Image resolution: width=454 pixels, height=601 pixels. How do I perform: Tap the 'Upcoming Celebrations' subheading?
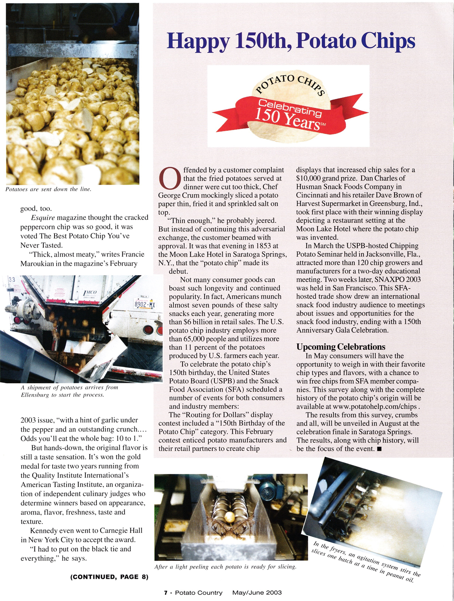point(340,347)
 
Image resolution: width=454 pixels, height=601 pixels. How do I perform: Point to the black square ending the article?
point(379,449)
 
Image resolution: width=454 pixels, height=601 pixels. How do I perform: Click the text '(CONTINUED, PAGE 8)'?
point(109,576)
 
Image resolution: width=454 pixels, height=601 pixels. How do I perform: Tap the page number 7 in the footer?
point(166,593)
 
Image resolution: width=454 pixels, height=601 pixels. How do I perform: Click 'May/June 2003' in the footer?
point(257,593)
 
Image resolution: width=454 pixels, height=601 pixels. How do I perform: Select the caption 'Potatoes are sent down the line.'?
point(48,189)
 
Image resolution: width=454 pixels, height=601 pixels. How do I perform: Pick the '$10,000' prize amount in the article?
point(309,178)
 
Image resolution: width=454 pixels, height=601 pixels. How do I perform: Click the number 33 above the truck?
point(12,279)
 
